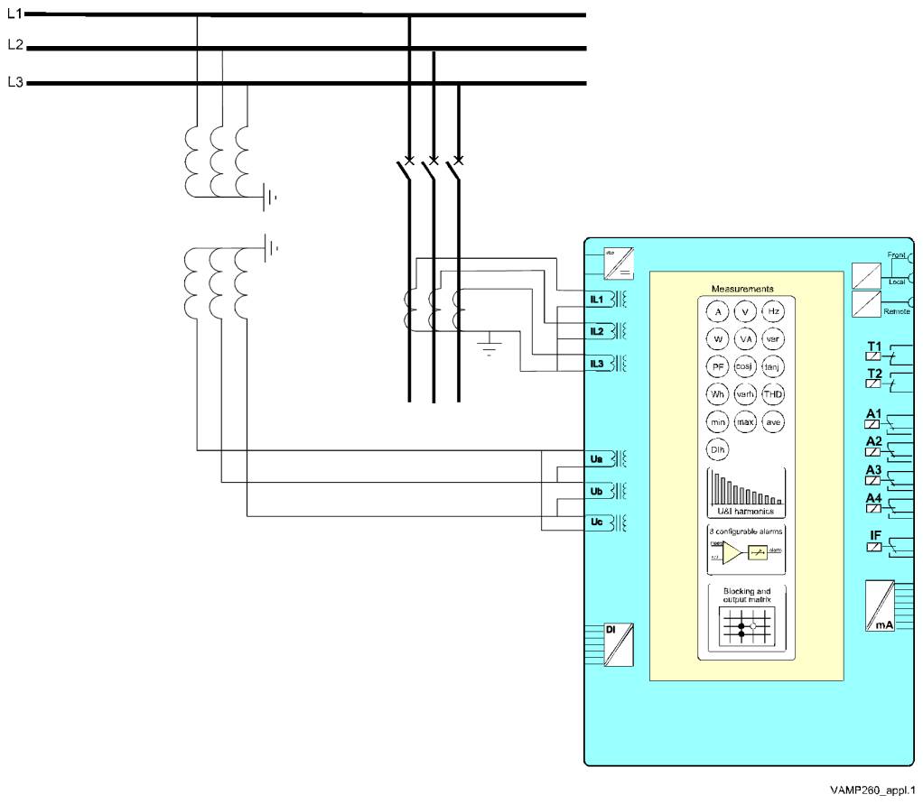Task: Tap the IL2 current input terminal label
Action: pos(597,331)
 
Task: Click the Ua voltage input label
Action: pos(596,459)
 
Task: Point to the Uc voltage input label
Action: pos(596,522)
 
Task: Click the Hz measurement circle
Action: pos(772,311)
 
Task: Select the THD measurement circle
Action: pos(772,394)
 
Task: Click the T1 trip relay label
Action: pos(874,347)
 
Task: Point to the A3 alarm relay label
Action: pos(874,470)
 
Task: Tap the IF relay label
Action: pos(874,536)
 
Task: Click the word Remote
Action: pos(895,310)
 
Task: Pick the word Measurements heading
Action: pos(742,289)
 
